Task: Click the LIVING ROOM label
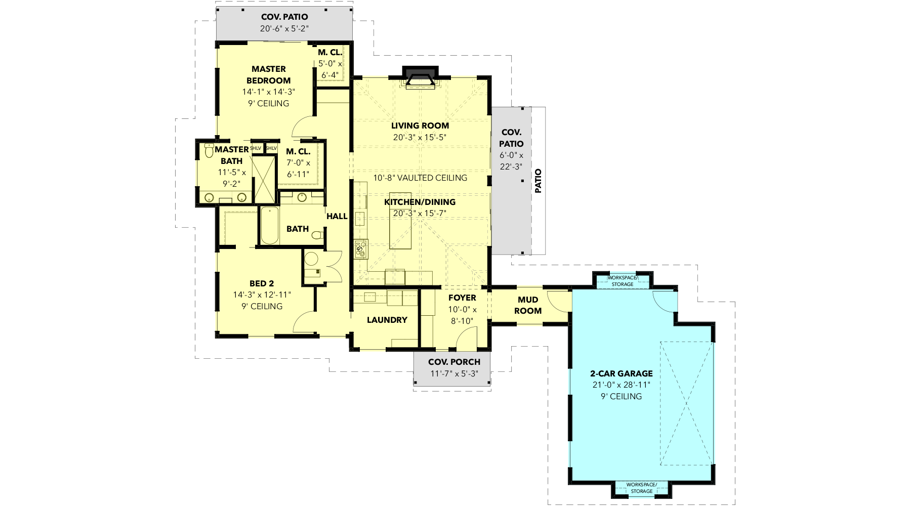(x=420, y=125)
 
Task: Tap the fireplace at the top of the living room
(x=420, y=76)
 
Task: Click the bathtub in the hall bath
(x=269, y=226)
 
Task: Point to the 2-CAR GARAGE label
(x=622, y=373)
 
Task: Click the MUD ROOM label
(x=528, y=305)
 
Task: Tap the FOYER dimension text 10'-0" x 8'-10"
(x=462, y=315)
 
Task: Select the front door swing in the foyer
(x=466, y=338)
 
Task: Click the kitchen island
(x=400, y=221)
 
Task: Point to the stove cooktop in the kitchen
(x=360, y=248)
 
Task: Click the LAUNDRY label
(x=387, y=320)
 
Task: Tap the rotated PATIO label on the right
(x=538, y=181)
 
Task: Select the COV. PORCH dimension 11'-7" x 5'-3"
(x=454, y=374)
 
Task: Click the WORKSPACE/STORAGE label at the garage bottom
(x=641, y=488)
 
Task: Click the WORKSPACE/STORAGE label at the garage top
(x=623, y=281)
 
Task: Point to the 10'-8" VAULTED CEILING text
(x=420, y=178)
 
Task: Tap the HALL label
(x=337, y=216)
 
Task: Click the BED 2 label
(x=262, y=283)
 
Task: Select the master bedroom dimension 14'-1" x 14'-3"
(x=268, y=92)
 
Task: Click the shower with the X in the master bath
(x=264, y=179)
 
